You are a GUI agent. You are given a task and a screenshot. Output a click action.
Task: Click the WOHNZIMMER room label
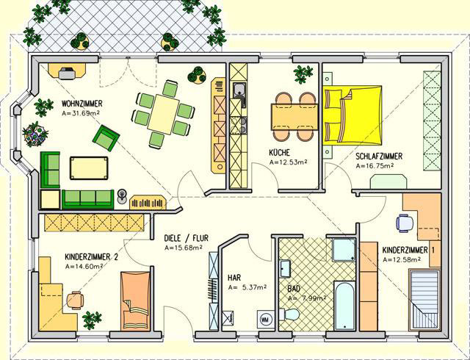point(82,104)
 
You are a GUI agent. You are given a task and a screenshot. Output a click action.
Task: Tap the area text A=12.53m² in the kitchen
point(289,162)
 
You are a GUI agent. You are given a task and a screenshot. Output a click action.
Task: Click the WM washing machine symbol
point(265,318)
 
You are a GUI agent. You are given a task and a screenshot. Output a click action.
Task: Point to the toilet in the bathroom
point(289,314)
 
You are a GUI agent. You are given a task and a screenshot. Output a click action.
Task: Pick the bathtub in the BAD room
point(344,305)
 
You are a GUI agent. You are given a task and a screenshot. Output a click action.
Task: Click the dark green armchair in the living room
point(106,137)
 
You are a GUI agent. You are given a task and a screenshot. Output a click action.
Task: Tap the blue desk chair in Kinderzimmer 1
point(405,223)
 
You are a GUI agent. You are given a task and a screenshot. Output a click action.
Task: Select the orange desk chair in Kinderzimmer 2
point(75,300)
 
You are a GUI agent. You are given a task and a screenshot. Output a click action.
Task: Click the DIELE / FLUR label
point(186,238)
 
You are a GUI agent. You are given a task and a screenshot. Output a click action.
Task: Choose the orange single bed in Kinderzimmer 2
point(135,300)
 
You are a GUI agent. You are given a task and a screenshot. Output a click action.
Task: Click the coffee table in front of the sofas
point(89,168)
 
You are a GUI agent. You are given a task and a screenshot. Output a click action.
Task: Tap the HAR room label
point(234,278)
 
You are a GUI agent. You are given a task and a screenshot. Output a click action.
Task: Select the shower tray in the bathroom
point(344,249)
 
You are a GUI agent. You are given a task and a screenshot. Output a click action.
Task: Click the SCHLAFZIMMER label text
point(379,156)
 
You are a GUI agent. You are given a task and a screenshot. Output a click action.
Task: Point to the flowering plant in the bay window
point(35,134)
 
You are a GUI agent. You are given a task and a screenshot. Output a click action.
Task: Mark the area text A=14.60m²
point(84,266)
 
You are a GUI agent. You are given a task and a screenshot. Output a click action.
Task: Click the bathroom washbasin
point(285,268)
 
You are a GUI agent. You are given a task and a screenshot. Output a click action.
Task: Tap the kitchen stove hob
point(239,125)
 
